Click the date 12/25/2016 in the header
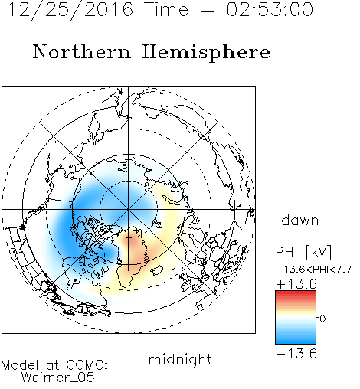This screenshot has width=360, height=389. (x=70, y=10)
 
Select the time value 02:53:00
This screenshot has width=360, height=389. (x=270, y=9)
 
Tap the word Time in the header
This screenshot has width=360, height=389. (x=166, y=9)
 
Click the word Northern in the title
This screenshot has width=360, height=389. (x=82, y=51)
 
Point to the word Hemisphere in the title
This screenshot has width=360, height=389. (x=206, y=53)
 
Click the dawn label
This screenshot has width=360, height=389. (x=300, y=220)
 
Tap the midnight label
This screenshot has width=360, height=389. (x=180, y=359)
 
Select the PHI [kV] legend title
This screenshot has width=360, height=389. (x=303, y=252)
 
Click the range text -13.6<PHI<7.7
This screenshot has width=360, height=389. (x=314, y=270)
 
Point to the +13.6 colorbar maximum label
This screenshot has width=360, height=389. (x=296, y=284)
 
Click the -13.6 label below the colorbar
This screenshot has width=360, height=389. (x=296, y=354)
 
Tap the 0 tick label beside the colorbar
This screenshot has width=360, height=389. (x=322, y=319)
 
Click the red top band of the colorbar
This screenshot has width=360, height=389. (x=296, y=293)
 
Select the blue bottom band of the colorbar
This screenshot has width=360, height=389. (x=296, y=341)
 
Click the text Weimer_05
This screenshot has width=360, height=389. (x=58, y=377)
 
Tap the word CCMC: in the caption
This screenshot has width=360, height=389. (x=87, y=365)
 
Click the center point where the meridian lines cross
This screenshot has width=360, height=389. (x=129, y=209)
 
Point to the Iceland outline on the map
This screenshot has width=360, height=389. (x=156, y=270)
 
